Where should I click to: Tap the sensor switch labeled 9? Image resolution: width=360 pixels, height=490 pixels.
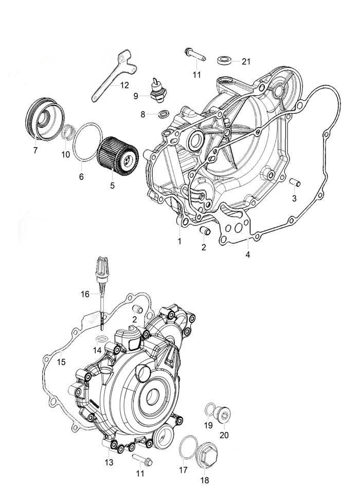pos(157,90)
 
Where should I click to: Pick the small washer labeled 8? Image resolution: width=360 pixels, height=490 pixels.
pos(164,114)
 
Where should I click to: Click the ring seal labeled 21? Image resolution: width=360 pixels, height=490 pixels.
pos(224,60)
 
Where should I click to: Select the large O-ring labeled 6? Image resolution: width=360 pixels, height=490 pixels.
pos(87,142)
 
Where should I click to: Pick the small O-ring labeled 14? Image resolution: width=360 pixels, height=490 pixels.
pos(101,339)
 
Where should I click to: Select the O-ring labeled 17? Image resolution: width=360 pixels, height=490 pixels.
pos(188,447)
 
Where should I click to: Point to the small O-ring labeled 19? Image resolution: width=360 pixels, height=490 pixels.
pos(209,410)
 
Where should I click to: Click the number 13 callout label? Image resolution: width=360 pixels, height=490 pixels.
pos(109,462)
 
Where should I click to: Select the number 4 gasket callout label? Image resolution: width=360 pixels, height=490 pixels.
pos(247,255)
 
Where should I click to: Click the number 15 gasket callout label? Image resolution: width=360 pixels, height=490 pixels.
pos(61,362)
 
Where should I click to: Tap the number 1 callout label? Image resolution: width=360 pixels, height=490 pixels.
pos(179,241)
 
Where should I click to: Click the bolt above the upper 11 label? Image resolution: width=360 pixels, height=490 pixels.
pos(195,55)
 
